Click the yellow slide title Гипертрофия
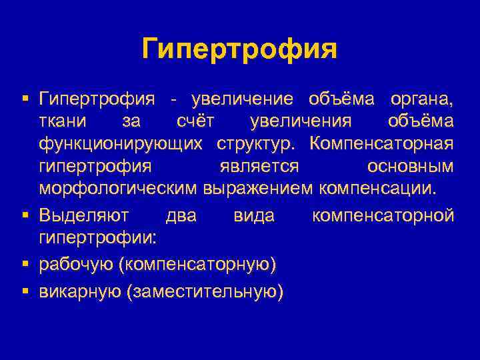(x=240, y=49)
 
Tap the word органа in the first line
(x=421, y=100)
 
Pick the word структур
(x=257, y=144)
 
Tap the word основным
(x=410, y=166)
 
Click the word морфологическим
(x=118, y=188)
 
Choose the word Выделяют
(x=82, y=215)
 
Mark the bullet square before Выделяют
(x=25, y=215)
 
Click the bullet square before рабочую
(x=25, y=264)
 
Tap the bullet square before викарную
(x=25, y=291)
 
